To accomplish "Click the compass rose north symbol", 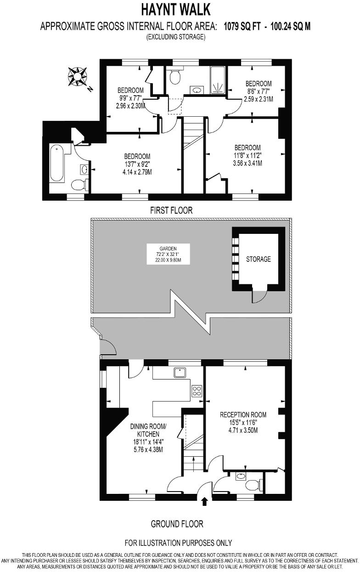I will (x=79, y=76).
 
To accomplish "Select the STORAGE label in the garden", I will (x=258, y=259).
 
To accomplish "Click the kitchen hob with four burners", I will (x=197, y=391).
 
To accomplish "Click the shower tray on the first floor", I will (x=218, y=80).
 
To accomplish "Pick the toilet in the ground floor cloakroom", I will (x=253, y=485).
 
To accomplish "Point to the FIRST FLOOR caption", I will (x=171, y=210).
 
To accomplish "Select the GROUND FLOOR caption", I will (x=177, y=524).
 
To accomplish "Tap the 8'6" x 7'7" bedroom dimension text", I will (x=258, y=91).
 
